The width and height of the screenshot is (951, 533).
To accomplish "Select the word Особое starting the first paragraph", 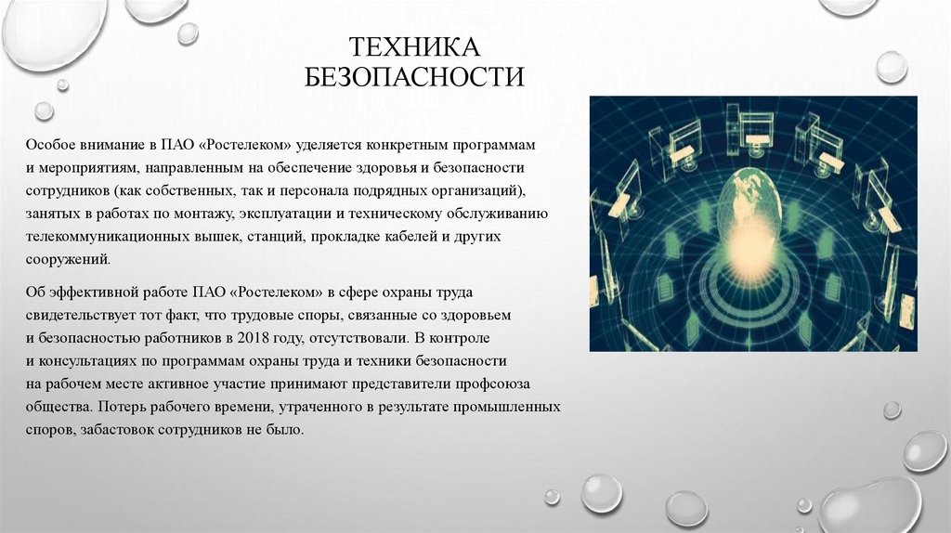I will point(48,147).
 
